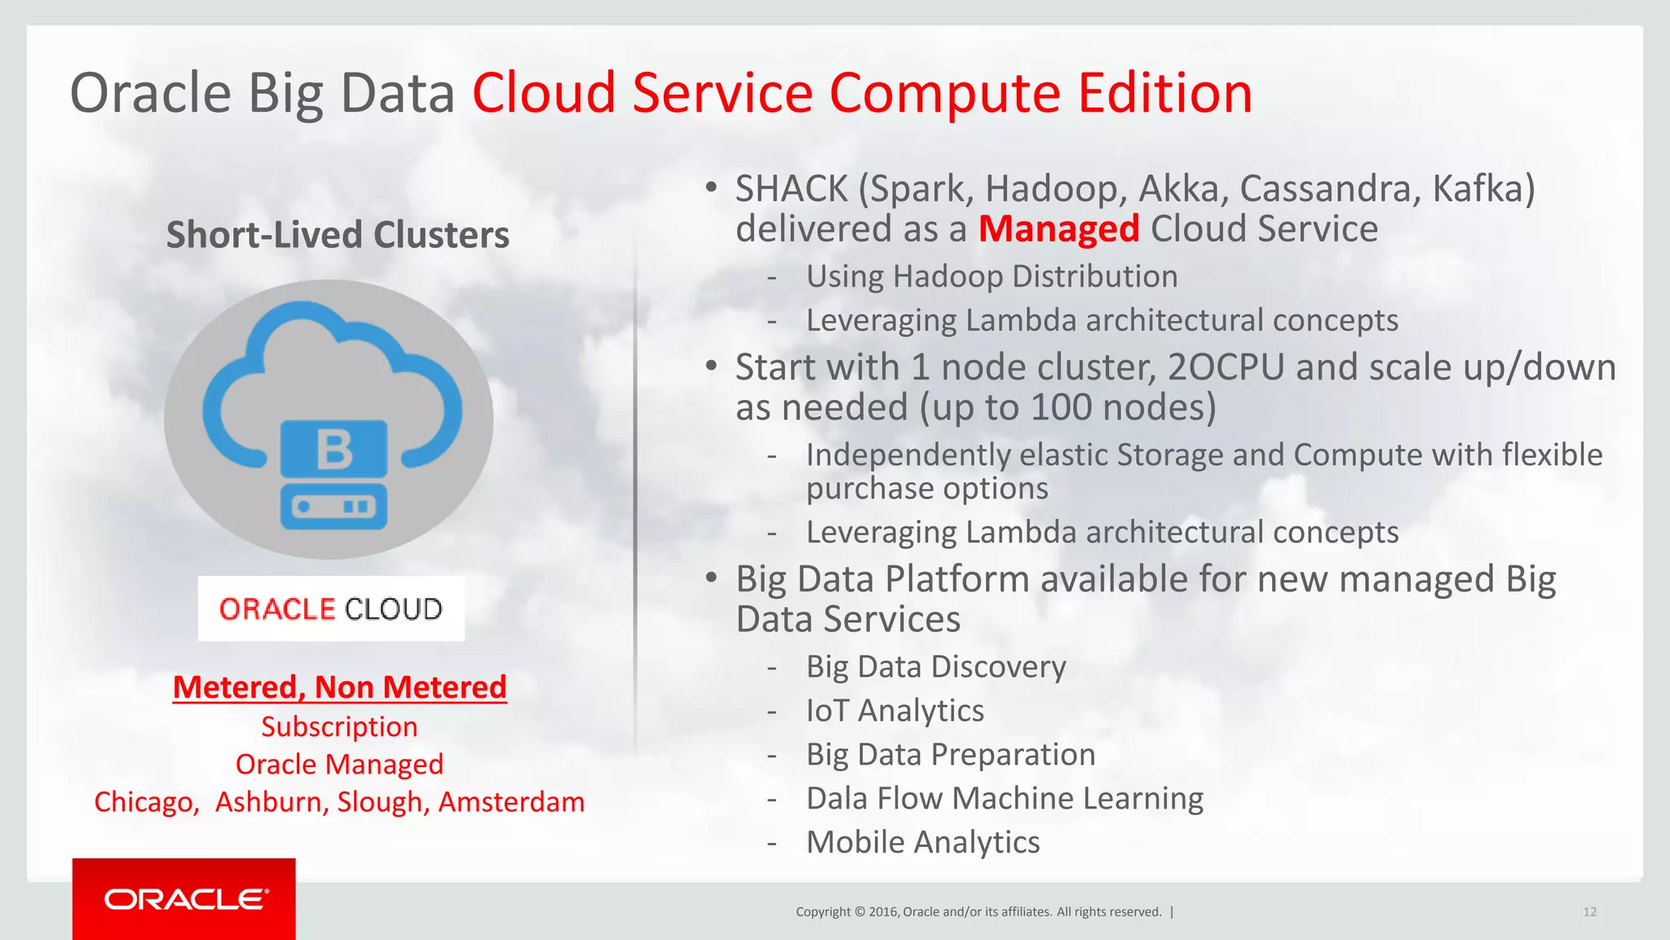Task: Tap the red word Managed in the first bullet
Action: [x=1058, y=229]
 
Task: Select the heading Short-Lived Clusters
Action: [x=338, y=235]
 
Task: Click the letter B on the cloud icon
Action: [x=334, y=450]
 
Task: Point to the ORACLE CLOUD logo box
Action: [x=331, y=609]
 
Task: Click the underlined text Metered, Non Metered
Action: [x=339, y=687]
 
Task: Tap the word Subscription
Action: [x=339, y=726]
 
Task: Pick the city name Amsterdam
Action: [x=511, y=802]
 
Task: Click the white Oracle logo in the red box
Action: [x=185, y=899]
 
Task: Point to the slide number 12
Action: [x=1589, y=912]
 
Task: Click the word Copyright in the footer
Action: [x=823, y=912]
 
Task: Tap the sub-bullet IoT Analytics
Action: [x=895, y=711]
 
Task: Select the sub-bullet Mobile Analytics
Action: [x=922, y=842]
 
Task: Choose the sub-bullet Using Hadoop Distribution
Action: [x=992, y=277]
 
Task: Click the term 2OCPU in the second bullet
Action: [x=1226, y=368]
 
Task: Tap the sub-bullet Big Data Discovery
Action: [x=935, y=667]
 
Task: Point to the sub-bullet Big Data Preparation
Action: [x=950, y=755]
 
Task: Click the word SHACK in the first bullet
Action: [x=791, y=189]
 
